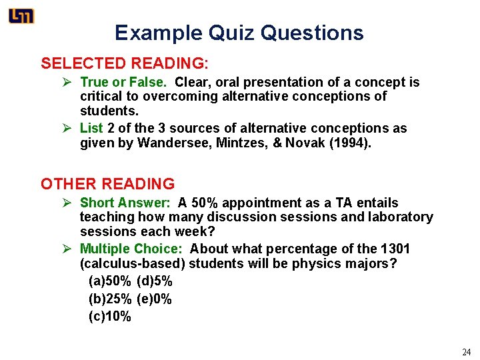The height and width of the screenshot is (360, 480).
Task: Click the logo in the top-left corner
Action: click(21, 16)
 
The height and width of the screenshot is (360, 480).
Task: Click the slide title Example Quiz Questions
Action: click(239, 33)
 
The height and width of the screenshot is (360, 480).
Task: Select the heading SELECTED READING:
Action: click(125, 64)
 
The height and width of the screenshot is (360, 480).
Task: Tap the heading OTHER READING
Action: click(107, 184)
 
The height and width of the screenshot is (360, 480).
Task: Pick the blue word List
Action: click(90, 128)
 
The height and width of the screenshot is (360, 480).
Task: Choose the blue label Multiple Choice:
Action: click(131, 249)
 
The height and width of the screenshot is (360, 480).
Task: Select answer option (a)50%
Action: click(109, 281)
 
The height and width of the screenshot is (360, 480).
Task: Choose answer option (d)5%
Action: click(154, 281)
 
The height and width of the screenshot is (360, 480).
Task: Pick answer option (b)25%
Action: click(109, 299)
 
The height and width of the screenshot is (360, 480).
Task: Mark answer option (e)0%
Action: click(154, 299)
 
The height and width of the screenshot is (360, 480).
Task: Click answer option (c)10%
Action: click(109, 317)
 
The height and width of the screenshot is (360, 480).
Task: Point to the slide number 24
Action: click(466, 352)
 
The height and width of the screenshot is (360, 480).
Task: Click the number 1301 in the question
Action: click(395, 249)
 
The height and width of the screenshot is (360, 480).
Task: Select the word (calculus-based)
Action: click(133, 263)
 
